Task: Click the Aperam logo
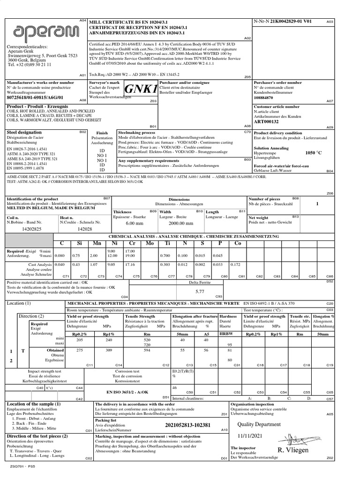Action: point(44,31)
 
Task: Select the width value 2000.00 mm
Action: point(174,224)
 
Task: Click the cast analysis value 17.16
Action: point(129,265)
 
